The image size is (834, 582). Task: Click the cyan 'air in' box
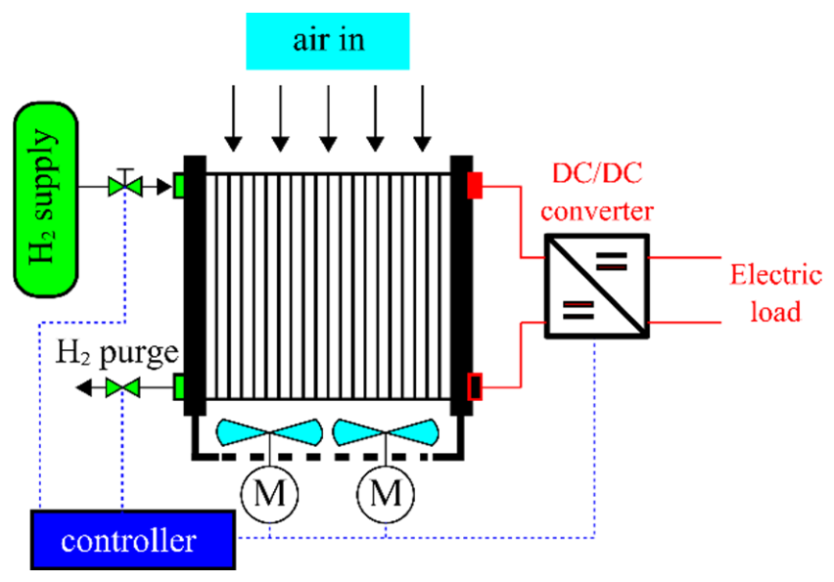point(328,41)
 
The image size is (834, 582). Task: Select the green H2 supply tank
point(46,200)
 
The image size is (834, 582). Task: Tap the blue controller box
point(133,540)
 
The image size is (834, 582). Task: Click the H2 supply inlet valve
point(125,186)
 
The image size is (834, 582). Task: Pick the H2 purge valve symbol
point(122,387)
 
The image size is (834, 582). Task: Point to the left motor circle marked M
point(269,494)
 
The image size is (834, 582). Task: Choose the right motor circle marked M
point(386,494)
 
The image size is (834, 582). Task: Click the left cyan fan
point(269,432)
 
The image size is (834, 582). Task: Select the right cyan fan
point(386,432)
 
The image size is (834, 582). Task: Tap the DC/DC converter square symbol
point(597,286)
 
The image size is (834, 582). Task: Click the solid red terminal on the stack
point(475,186)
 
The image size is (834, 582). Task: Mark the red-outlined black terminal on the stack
point(475,386)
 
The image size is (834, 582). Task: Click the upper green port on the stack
point(179,187)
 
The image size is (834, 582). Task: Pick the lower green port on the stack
point(179,387)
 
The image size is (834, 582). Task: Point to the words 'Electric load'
point(776,292)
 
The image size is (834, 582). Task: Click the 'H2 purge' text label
point(117,353)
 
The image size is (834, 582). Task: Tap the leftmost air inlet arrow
point(233,118)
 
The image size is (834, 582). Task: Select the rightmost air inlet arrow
point(423,118)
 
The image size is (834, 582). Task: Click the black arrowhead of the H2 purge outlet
point(83,387)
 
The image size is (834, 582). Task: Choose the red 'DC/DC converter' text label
point(597,193)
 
